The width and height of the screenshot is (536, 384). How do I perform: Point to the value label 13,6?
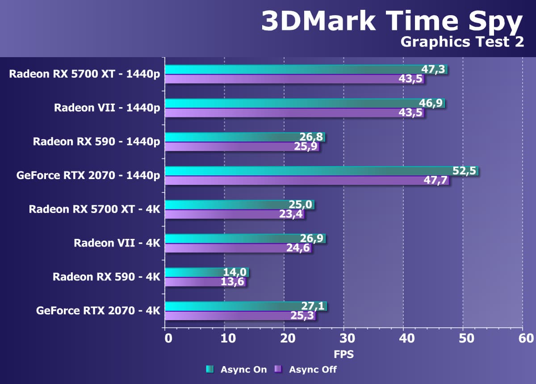pyautogui.click(x=232, y=282)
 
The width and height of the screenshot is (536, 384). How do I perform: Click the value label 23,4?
pyautogui.click(x=291, y=215)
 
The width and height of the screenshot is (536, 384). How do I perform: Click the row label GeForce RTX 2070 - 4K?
pyautogui.click(x=98, y=310)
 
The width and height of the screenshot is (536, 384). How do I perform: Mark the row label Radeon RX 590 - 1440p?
pyautogui.click(x=96, y=142)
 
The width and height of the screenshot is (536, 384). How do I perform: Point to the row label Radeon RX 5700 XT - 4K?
pyautogui.click(x=94, y=209)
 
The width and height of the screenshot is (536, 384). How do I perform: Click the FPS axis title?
pyautogui.click(x=344, y=355)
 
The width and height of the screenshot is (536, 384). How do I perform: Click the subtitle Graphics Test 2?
pyautogui.click(x=462, y=42)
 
